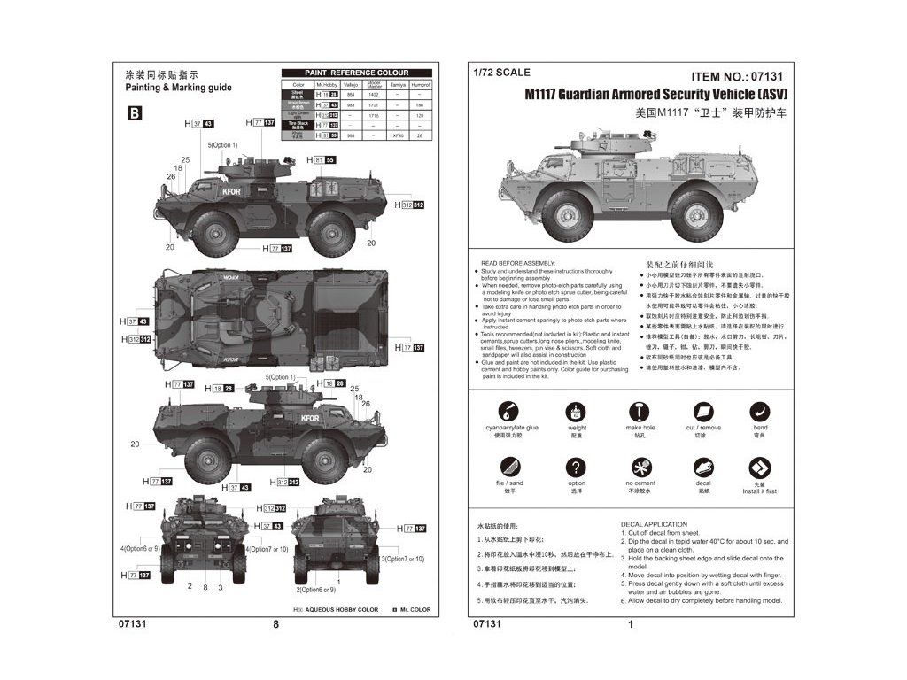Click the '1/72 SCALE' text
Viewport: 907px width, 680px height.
(501, 73)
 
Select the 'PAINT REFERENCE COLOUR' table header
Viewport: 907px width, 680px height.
(356, 73)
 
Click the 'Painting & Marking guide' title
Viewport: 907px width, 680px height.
(178, 88)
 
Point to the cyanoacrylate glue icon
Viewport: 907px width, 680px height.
(508, 411)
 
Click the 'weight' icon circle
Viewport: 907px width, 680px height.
(577, 411)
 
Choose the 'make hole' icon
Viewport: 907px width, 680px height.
(639, 411)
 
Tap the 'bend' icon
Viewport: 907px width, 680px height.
(760, 411)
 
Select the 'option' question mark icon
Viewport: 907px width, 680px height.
(577, 467)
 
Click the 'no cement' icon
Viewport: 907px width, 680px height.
(639, 467)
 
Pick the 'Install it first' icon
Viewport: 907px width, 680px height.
(760, 467)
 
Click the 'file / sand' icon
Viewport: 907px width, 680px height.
(508, 467)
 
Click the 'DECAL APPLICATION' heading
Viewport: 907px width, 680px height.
(654, 524)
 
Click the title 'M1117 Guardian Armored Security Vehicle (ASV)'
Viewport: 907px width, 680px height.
(655, 94)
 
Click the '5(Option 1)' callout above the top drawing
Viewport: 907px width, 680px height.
(223, 144)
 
